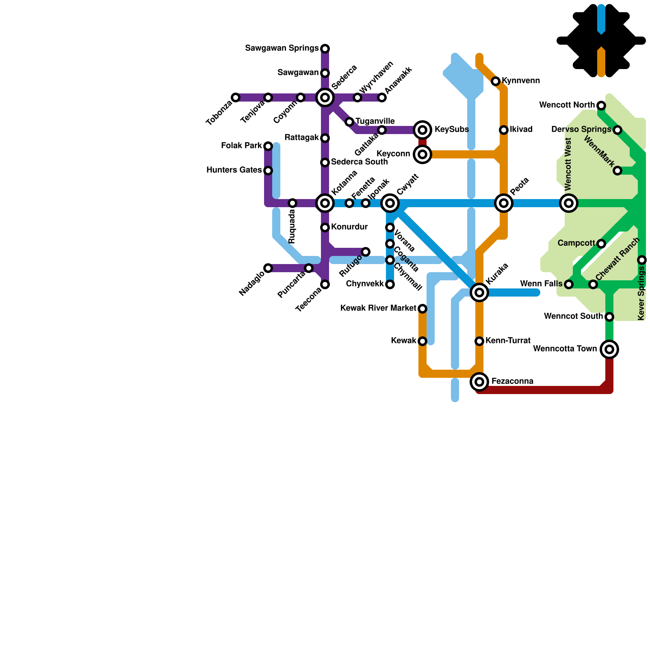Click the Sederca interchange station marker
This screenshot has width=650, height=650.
point(325,97)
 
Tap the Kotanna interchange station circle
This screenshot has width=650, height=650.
point(325,203)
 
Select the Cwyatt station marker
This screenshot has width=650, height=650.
point(390,203)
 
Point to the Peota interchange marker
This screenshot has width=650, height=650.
point(504,203)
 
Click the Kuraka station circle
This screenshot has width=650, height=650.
point(479,292)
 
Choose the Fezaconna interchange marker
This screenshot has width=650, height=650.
point(479,381)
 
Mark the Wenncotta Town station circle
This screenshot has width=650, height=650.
point(609,349)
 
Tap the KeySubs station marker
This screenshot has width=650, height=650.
point(422,130)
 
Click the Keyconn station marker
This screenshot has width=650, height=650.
point(422,154)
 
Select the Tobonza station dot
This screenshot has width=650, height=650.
point(236,97)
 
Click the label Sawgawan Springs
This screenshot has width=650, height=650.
point(282,49)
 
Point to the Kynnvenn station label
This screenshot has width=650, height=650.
point(521,81)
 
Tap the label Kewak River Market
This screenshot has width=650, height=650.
point(378,308)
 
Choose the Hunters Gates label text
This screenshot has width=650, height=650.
point(234,170)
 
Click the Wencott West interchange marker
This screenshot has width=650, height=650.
point(569,203)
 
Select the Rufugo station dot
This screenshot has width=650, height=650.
point(366,252)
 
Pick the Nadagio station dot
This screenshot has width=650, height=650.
point(268,268)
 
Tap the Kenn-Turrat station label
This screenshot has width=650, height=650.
point(508,340)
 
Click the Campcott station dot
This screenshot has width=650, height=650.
point(601,244)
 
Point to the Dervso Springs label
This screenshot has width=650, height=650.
point(581,130)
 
